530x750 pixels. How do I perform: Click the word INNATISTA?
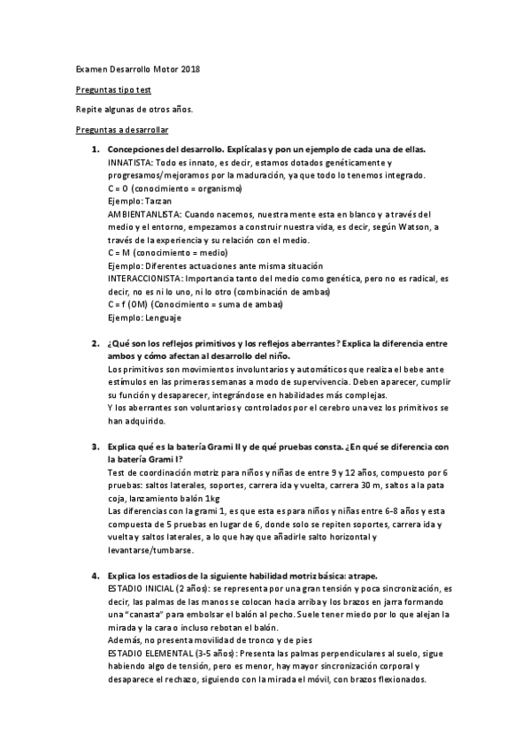[x=129, y=163]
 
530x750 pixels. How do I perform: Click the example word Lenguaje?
[x=165, y=317]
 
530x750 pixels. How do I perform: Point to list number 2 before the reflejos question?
[x=95, y=342]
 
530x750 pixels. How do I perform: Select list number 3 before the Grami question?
[x=95, y=446]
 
